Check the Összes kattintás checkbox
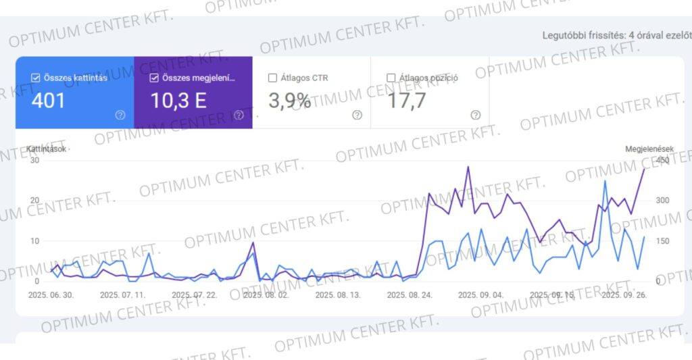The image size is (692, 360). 36,78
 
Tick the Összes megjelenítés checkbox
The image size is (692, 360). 154,78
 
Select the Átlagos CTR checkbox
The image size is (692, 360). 272,78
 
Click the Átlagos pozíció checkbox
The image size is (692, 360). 391,78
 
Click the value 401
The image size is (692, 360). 48,101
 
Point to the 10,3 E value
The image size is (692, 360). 178,101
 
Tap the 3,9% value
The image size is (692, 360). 290,101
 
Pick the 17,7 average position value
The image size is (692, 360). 407,101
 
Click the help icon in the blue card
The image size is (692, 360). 120,115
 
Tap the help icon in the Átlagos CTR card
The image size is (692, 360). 357,115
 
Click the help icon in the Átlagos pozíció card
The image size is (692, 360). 476,115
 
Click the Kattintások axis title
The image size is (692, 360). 47,149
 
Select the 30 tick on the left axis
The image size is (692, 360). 34,160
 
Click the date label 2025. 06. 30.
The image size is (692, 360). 51,295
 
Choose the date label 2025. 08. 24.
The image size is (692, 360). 410,295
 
